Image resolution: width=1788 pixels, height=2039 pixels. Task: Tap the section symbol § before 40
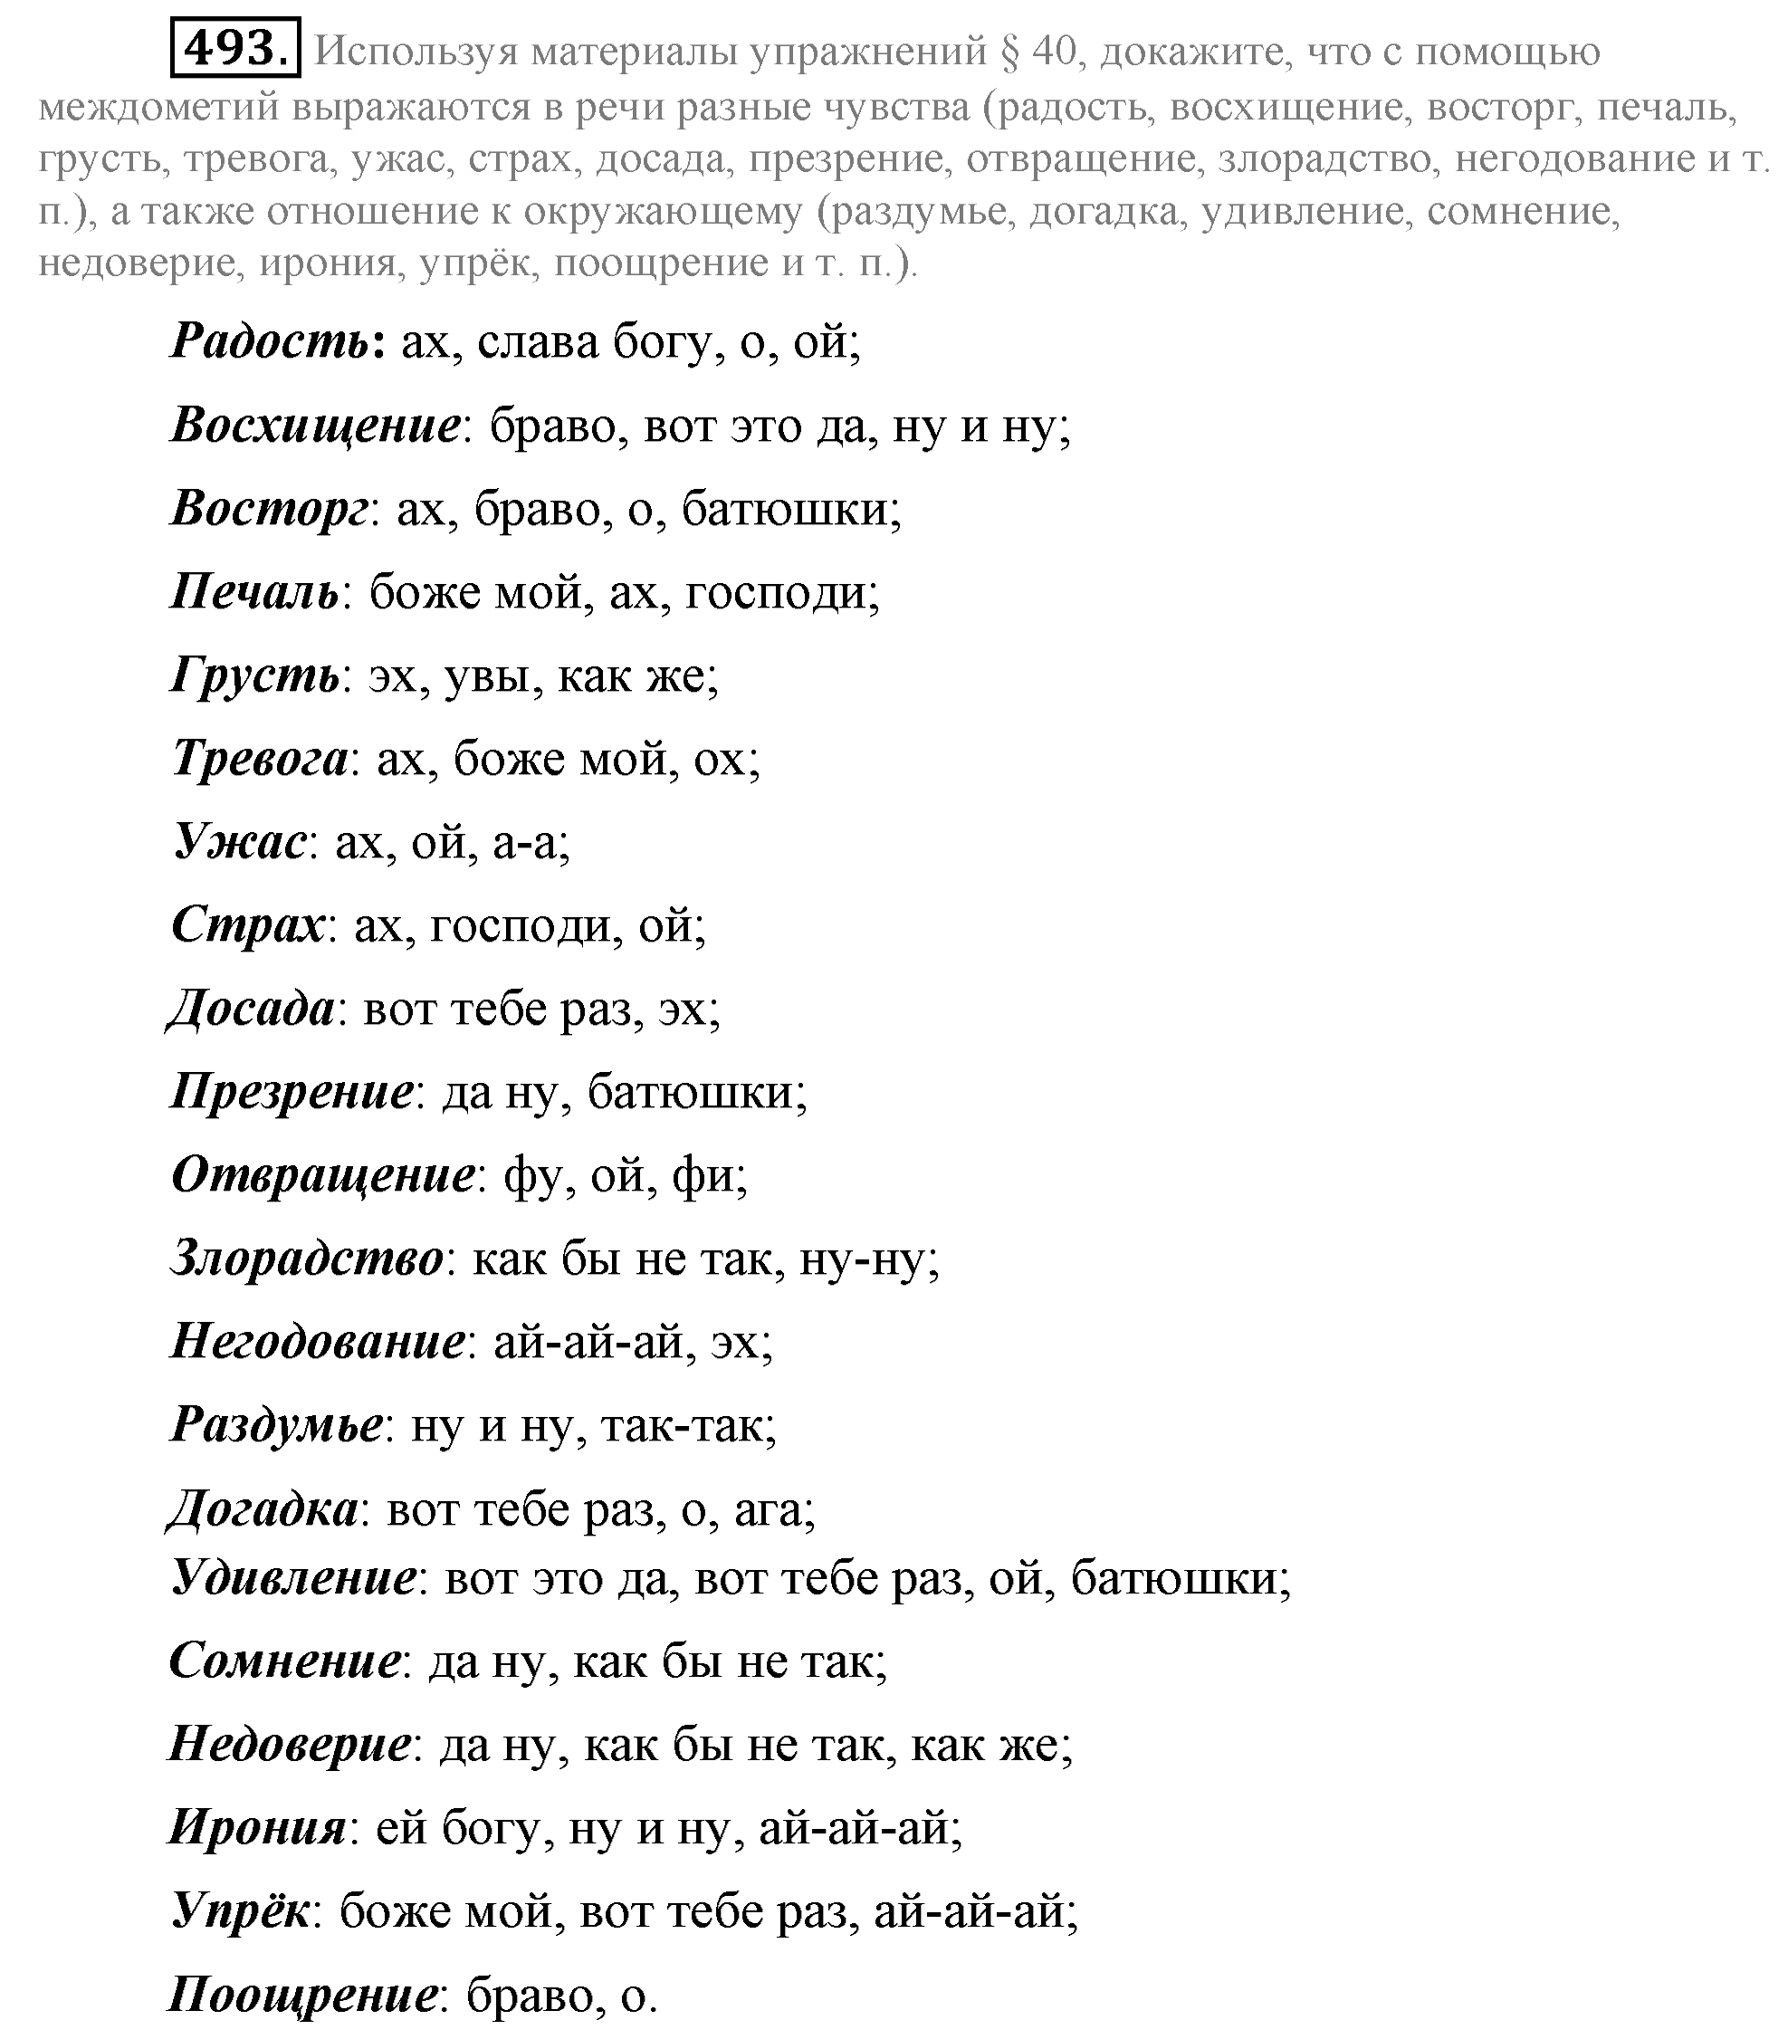1008,52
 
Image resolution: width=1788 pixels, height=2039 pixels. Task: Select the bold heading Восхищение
316,427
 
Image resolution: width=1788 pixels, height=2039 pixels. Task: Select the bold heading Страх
248,927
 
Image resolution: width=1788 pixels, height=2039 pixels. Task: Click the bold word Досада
252,1010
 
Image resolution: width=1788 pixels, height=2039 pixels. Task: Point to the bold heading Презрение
292,1094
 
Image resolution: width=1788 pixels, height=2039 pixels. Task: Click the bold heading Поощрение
303,1996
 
